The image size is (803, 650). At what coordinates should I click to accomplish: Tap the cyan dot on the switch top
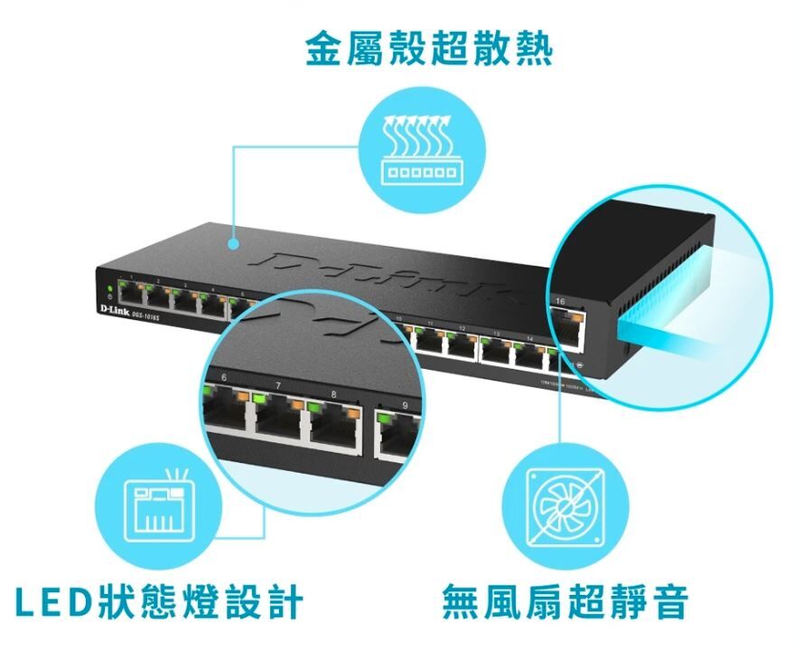235,243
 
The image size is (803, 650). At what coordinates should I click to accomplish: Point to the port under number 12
462,344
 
